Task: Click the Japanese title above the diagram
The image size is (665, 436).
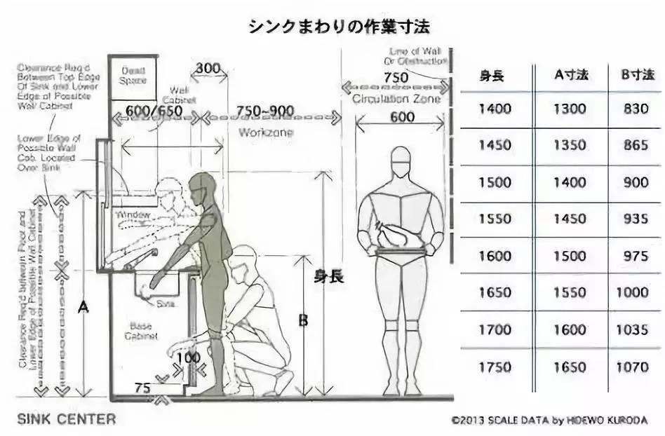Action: point(339,27)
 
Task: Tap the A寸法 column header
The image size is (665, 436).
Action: point(570,75)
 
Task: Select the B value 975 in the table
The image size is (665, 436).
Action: point(636,256)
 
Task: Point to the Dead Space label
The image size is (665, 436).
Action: point(133,75)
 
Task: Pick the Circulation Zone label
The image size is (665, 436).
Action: point(397,99)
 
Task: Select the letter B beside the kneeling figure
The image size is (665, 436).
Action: point(303,321)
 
